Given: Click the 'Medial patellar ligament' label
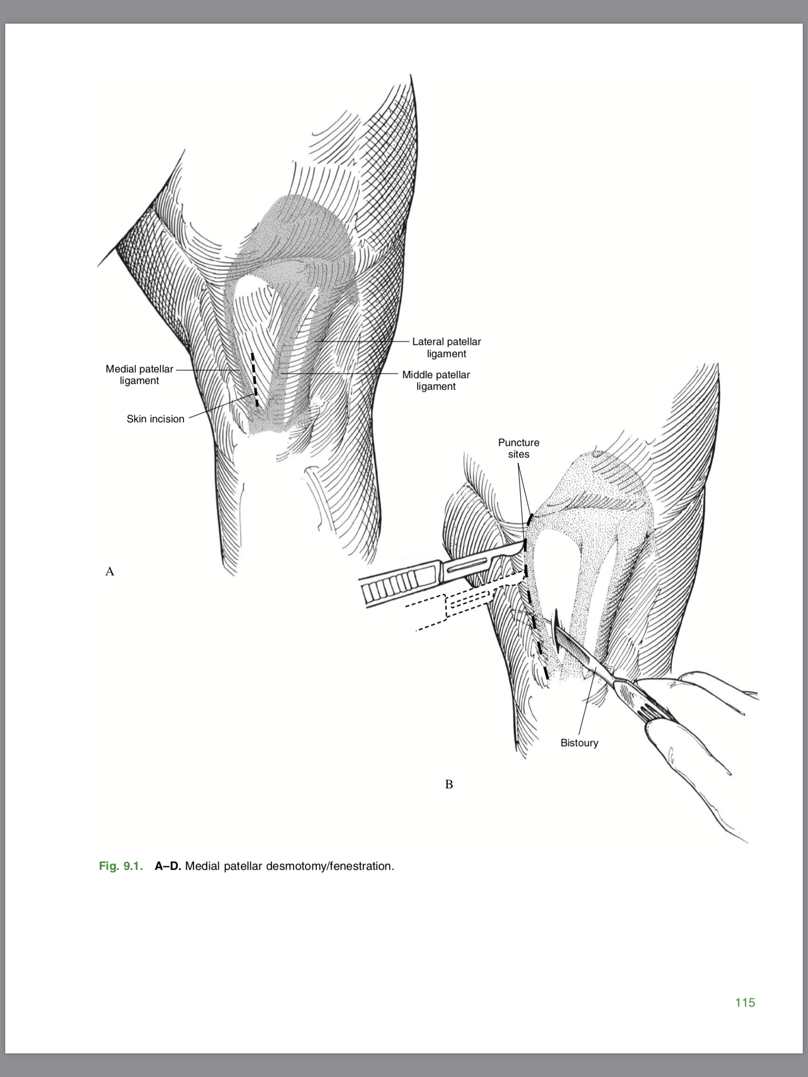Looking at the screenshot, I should click(x=139, y=375).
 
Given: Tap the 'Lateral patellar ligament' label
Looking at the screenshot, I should click(x=446, y=348).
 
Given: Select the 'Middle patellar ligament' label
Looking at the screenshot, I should click(x=436, y=381).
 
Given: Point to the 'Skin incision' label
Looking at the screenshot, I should click(x=155, y=419).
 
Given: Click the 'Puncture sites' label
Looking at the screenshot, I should click(x=519, y=448).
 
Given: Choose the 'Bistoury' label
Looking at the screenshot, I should click(x=579, y=743).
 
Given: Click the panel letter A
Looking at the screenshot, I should click(x=109, y=571).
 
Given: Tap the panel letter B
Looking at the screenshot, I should click(x=449, y=784).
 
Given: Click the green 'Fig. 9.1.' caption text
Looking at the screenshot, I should click(x=120, y=866).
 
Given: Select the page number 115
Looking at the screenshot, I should click(x=745, y=1002).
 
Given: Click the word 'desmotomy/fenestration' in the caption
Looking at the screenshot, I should click(x=329, y=866).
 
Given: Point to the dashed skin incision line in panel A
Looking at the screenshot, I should click(x=255, y=380).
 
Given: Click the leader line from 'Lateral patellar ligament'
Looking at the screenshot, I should click(x=363, y=341).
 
